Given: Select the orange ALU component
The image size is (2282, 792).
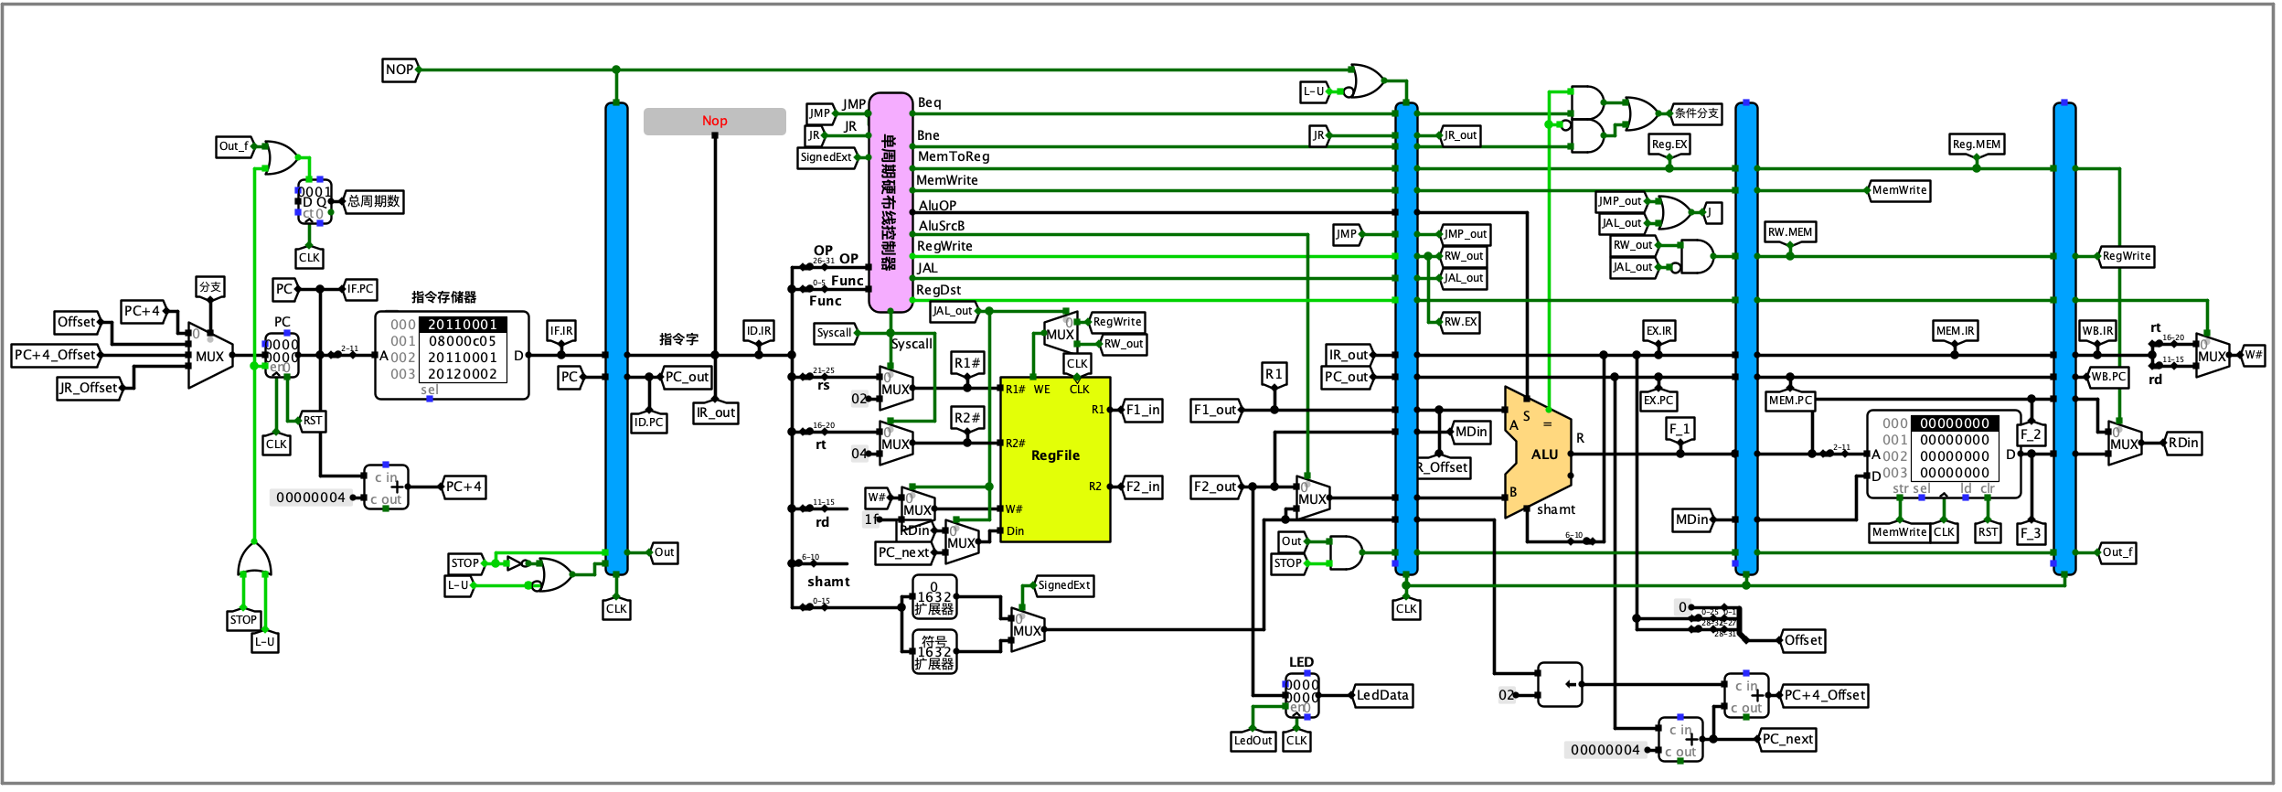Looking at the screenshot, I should pos(1540,453).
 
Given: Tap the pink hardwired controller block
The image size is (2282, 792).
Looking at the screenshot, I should pos(890,202).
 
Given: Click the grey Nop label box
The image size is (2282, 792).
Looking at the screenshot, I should pos(714,121).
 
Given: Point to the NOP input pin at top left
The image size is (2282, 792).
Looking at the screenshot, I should pos(400,70).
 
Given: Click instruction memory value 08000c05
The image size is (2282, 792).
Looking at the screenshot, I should pos(463,341).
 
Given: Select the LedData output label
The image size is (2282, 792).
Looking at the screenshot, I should pos(1381,695).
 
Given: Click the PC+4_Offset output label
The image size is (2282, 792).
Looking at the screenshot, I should pos(1823,695).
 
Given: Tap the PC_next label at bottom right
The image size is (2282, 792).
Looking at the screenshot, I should pos(1786,739).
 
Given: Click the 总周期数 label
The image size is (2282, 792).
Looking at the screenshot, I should pos(373,201).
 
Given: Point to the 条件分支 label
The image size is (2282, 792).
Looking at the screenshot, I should pos(1696,113).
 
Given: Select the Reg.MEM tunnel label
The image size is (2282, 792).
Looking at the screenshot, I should pos(1976,144).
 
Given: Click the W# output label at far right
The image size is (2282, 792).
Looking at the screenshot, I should pos(2253,355).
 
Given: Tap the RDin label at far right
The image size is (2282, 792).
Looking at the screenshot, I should pos(2182,443).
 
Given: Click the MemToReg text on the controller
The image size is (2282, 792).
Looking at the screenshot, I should pos(953,157).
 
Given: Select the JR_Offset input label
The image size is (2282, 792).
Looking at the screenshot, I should pos(89,388).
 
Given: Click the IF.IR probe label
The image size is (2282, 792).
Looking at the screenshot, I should pos(560,331).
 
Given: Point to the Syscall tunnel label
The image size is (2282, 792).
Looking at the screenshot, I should pos(834,333).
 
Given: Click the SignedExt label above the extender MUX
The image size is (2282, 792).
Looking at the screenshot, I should pos(1063,585).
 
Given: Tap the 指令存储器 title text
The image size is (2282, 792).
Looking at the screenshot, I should pos(443,297).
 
